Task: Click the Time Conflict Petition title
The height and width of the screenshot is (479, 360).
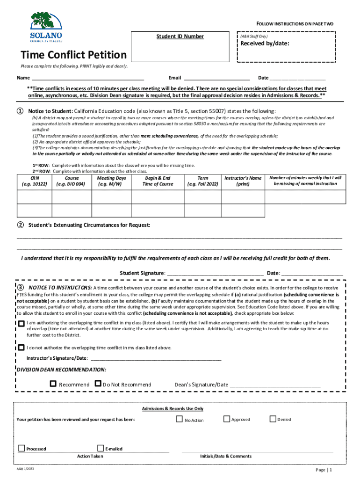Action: (x=72, y=55)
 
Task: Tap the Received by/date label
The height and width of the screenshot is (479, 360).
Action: (x=264, y=44)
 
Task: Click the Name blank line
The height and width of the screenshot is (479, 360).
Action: (x=87, y=78)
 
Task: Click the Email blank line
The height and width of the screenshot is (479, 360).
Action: (x=216, y=78)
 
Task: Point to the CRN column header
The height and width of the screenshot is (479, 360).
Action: (x=34, y=181)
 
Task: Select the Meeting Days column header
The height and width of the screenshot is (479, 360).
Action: (x=111, y=181)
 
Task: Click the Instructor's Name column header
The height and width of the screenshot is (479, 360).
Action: (x=243, y=181)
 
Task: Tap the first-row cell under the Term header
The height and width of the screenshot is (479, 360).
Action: (x=203, y=197)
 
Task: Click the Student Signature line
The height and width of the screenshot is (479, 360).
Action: (x=214, y=273)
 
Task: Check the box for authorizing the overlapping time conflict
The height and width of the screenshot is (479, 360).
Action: (x=22, y=324)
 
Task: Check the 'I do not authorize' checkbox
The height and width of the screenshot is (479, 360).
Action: (x=22, y=348)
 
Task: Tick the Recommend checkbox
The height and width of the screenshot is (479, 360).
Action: (x=53, y=384)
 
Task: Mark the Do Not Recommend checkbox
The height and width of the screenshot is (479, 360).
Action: (x=98, y=384)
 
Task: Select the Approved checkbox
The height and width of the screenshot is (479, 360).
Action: (x=227, y=419)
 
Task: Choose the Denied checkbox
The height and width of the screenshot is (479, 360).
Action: (x=273, y=419)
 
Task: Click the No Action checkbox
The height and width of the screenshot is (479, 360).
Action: (x=179, y=419)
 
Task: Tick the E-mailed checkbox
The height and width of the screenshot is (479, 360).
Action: (x=101, y=448)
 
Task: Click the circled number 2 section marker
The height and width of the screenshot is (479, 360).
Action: (x=21, y=225)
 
